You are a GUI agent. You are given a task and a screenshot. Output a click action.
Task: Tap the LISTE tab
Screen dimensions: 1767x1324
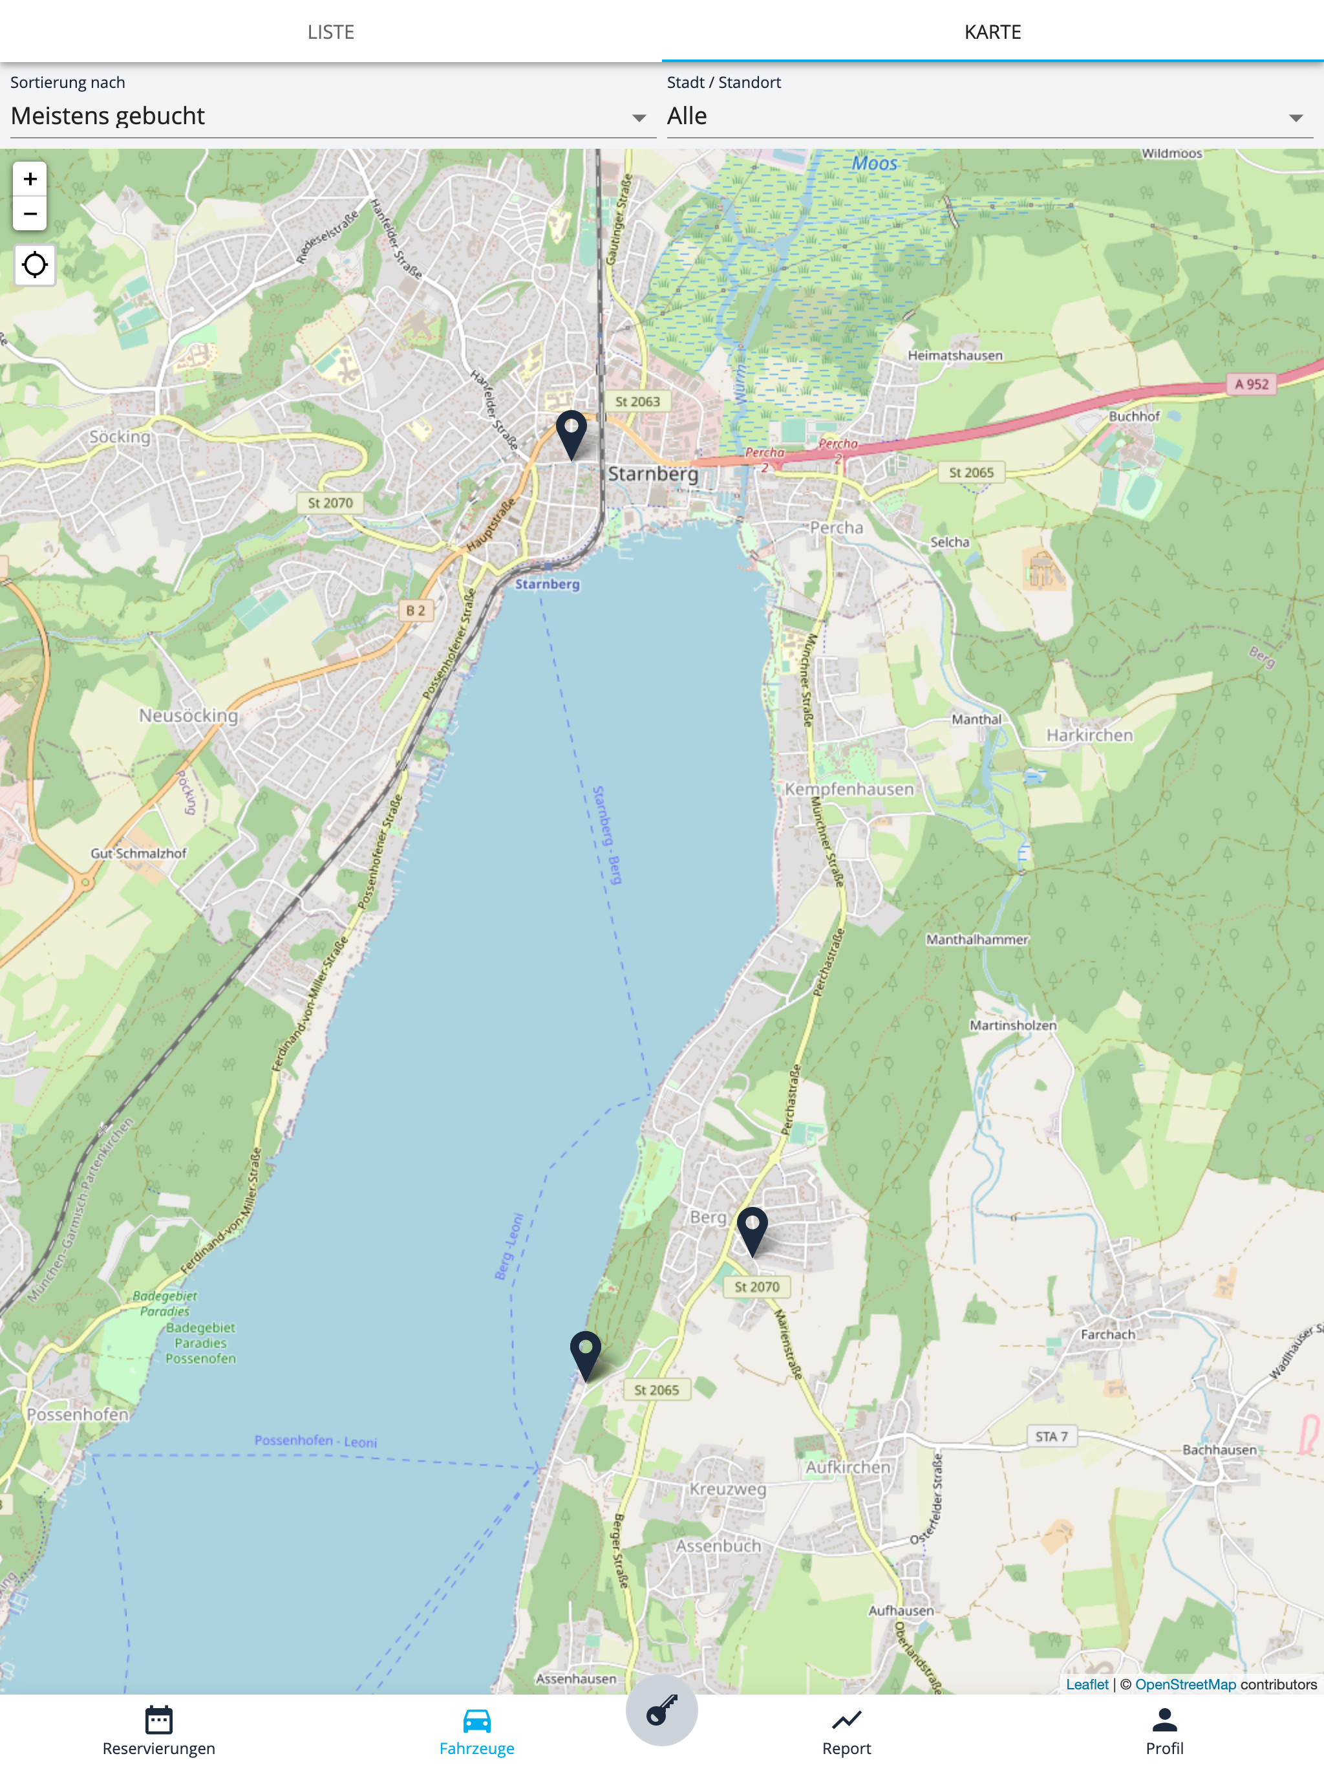(330, 32)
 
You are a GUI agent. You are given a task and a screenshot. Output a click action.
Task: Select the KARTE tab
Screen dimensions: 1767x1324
(992, 32)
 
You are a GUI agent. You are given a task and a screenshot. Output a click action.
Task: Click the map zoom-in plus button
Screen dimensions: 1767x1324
(30, 179)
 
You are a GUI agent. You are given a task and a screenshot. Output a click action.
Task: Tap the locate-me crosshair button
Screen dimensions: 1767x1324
(34, 265)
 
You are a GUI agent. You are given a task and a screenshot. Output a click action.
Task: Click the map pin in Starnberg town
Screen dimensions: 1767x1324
(571, 431)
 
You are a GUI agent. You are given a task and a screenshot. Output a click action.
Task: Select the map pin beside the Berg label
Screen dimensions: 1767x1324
(753, 1228)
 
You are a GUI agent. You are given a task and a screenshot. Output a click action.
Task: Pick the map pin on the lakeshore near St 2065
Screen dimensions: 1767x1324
(585, 1352)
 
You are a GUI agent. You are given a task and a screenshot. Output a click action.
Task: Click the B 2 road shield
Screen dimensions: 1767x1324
(415, 611)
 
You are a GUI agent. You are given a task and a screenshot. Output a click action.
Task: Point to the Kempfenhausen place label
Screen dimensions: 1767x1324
(848, 789)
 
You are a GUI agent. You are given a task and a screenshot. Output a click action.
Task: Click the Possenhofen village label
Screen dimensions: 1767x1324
(78, 1415)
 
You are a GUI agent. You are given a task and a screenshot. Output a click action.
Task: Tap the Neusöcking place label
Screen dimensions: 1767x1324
(189, 716)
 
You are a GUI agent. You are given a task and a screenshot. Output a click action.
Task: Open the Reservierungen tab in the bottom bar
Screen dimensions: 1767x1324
(159, 1730)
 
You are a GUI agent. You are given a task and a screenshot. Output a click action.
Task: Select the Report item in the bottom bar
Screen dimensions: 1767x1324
(846, 1730)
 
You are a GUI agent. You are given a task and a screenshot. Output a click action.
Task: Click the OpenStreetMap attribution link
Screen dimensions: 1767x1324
(1185, 1684)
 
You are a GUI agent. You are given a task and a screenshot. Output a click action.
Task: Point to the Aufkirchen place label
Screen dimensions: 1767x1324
(848, 1468)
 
